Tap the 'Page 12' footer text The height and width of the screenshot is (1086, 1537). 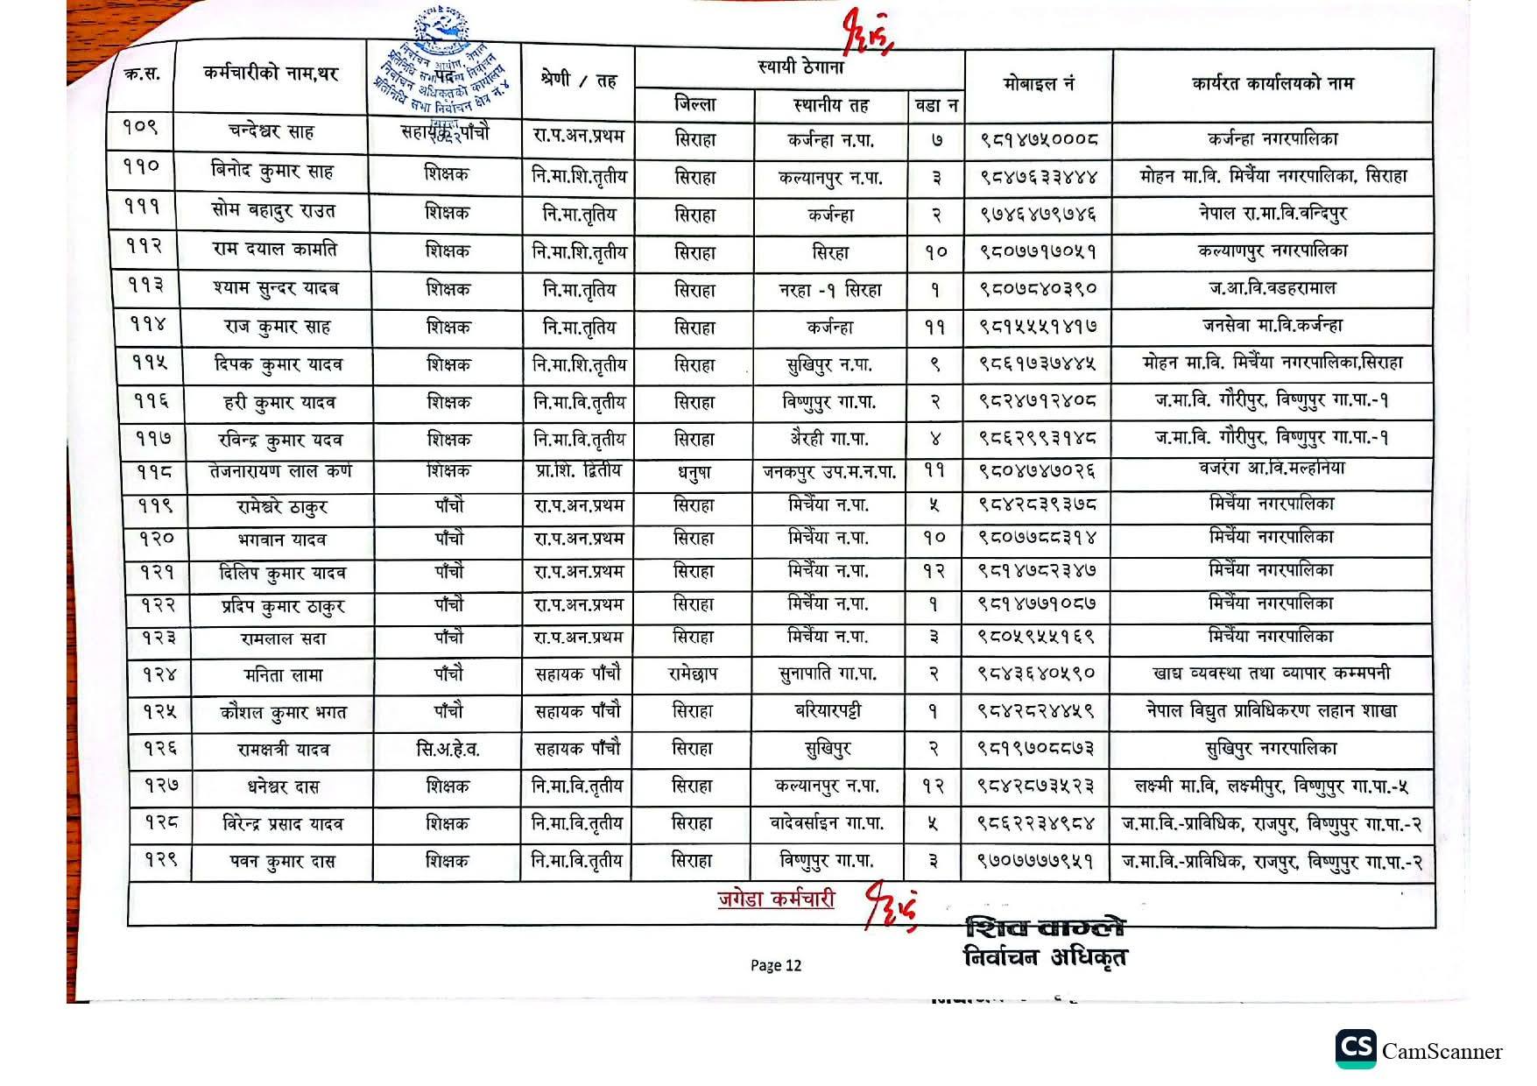point(775,965)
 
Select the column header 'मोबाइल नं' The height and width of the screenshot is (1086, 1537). point(1038,84)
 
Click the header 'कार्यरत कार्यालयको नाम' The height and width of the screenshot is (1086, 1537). point(1272,84)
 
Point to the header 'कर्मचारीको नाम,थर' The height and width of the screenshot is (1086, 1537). point(271,74)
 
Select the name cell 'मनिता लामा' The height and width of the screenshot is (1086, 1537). point(283,675)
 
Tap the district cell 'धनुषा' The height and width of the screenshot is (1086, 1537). point(694,472)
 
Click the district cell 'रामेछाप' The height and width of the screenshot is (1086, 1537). point(692,674)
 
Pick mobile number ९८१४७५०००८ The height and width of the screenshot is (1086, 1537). point(1038,139)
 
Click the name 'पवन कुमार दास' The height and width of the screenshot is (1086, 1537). point(282,862)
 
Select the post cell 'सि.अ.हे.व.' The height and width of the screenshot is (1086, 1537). point(448,750)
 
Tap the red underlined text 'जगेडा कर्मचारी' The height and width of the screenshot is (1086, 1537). point(775,899)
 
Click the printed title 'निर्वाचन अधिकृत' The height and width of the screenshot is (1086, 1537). point(1045,957)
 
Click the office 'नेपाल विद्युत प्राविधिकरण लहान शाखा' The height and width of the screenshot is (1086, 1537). point(1271,711)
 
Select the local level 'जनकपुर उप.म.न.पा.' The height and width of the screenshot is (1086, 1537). point(829,472)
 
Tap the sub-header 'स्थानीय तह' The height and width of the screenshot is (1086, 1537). point(830,106)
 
